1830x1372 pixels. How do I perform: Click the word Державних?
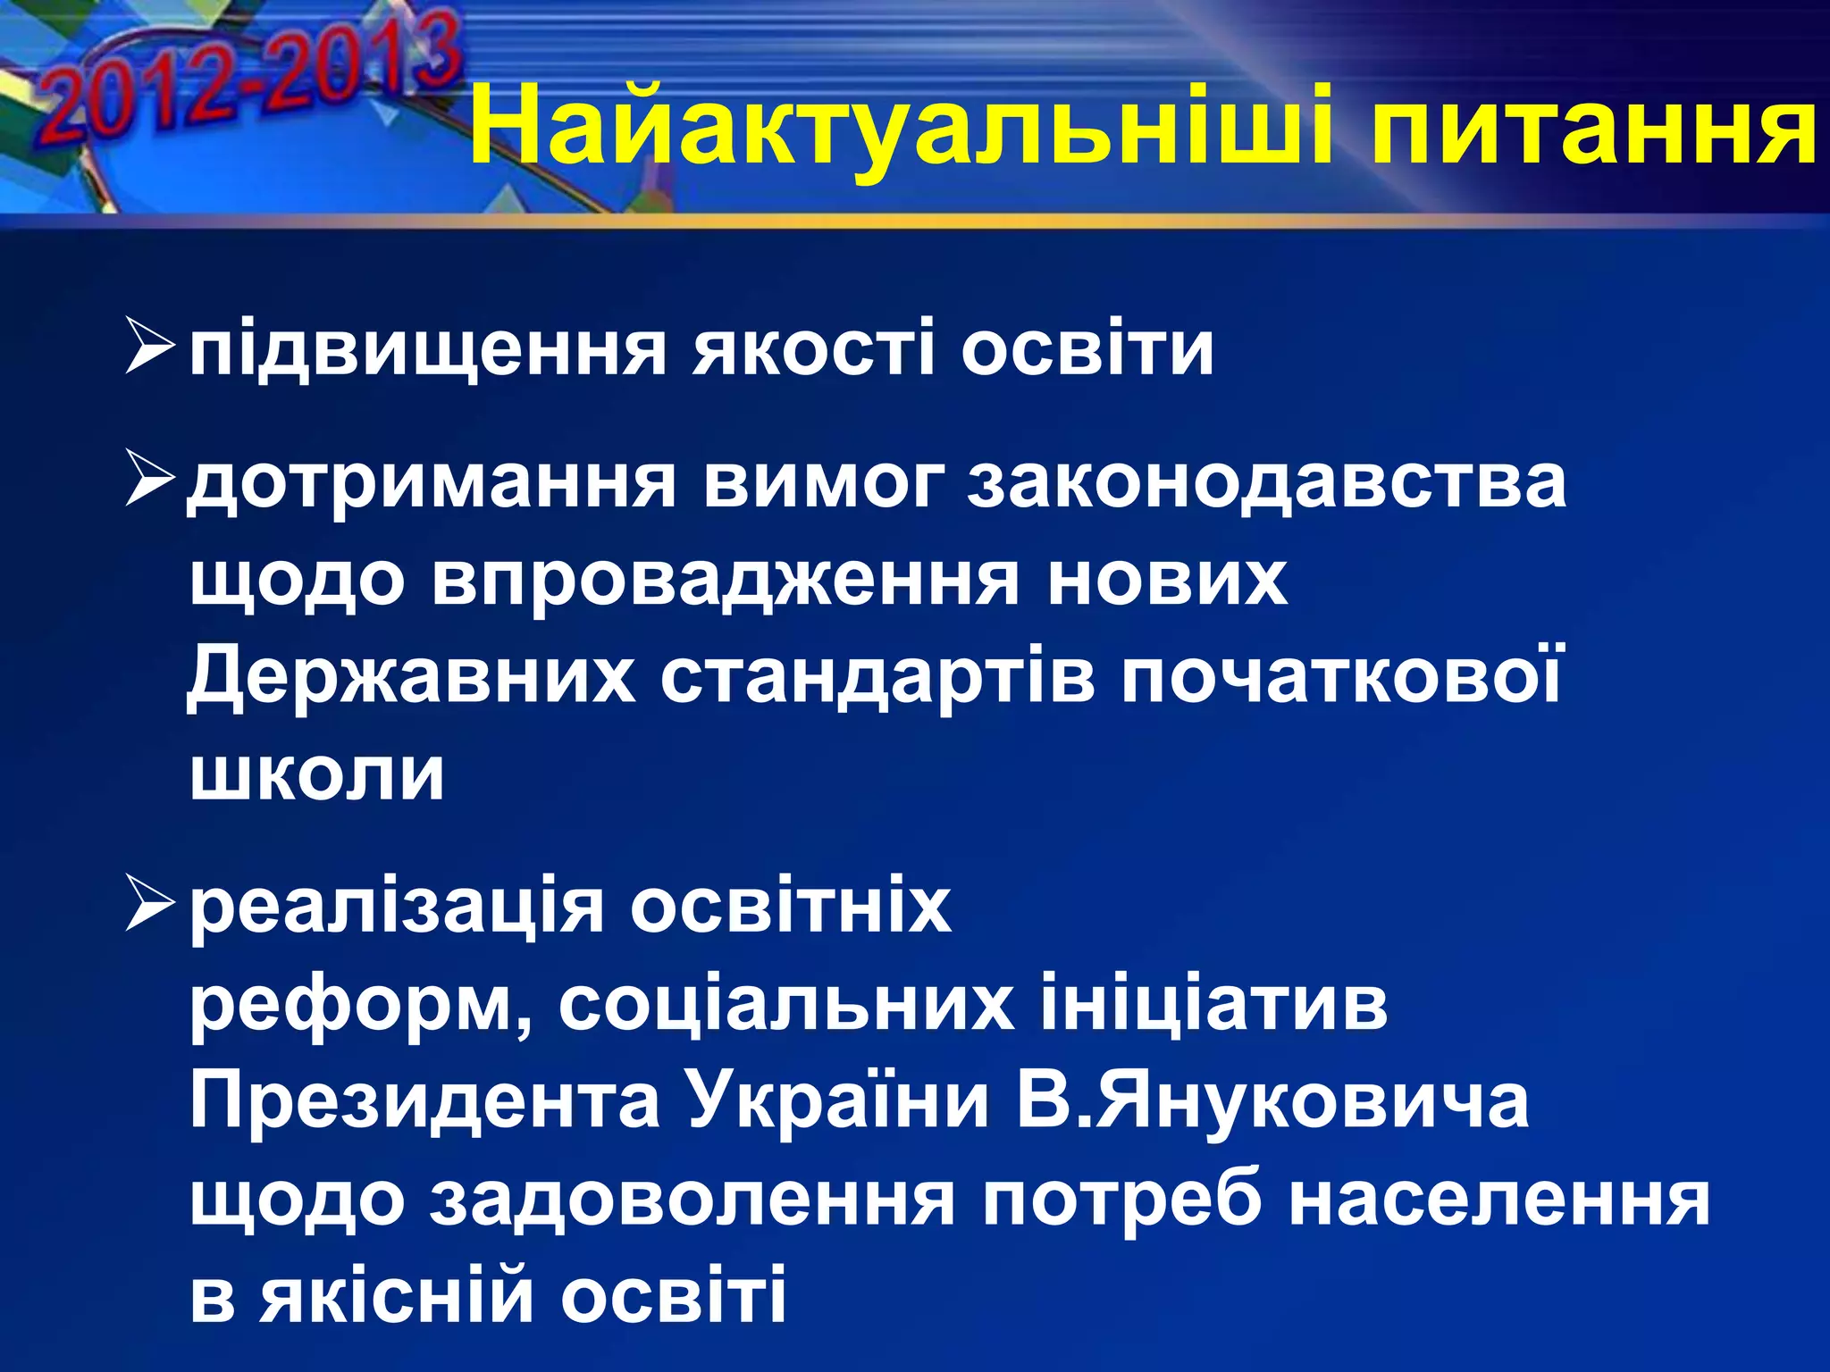click(411, 677)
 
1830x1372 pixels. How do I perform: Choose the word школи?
click(317, 774)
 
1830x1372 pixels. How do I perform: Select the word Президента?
click(425, 1100)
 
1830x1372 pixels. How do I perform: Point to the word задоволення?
click(693, 1199)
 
